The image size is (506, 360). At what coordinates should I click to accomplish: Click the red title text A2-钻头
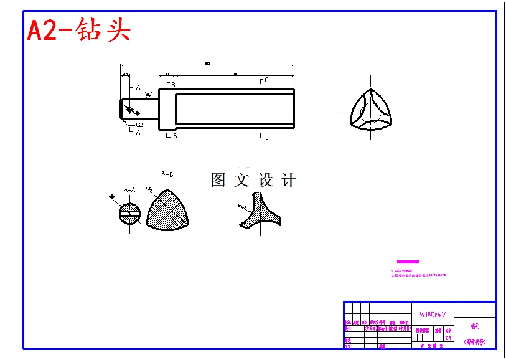78,30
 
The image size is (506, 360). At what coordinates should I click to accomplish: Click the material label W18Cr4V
432,315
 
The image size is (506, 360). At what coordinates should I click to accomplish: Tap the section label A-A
129,190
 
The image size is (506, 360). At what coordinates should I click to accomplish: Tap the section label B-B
167,175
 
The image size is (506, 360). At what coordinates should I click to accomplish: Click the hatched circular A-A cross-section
129,212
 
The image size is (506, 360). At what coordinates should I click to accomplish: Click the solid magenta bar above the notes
408,262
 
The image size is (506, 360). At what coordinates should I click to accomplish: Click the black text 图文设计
253,181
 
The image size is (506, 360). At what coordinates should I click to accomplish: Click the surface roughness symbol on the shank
148,95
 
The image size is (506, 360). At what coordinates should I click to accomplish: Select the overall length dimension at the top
207,64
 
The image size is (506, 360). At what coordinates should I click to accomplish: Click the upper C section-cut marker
264,80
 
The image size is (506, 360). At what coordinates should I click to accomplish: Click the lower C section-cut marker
264,136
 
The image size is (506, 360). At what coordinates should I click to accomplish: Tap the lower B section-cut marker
172,135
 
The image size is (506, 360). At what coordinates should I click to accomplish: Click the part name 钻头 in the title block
475,326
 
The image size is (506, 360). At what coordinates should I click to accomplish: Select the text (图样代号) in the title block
475,342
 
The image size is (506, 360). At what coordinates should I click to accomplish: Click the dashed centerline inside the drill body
235,116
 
